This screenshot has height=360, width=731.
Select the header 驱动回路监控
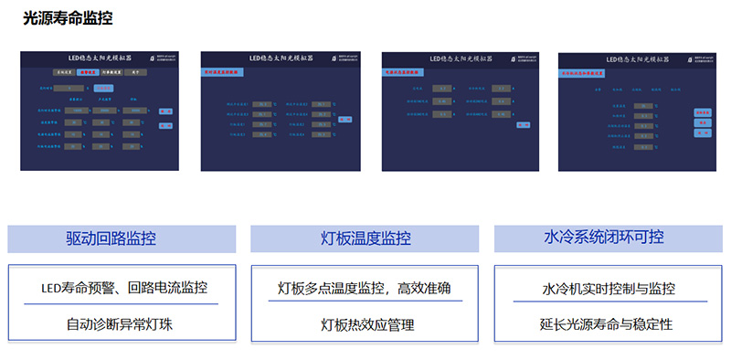tap(111, 238)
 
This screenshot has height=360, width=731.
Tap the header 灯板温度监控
tap(365, 238)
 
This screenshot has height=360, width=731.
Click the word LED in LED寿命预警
tap(51, 289)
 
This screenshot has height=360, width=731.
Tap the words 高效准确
tap(425, 289)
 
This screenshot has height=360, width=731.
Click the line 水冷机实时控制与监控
tap(608, 289)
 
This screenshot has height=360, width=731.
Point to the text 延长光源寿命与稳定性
tap(608, 323)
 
